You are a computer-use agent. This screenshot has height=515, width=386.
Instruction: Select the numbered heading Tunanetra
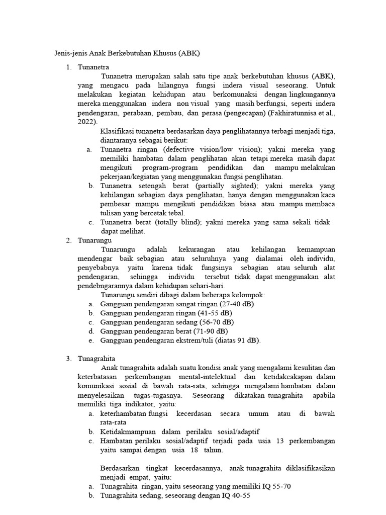tap(93, 67)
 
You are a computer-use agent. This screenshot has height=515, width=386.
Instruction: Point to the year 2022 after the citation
tap(85, 122)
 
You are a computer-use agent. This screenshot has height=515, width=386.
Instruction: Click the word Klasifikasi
tap(118, 131)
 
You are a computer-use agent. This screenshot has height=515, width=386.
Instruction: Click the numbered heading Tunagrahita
tap(96, 359)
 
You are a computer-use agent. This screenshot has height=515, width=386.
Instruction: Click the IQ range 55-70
tap(280, 486)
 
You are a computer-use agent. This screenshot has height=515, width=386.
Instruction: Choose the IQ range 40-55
tap(239, 495)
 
